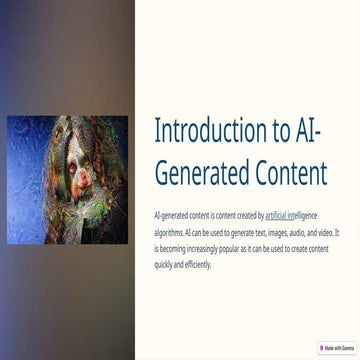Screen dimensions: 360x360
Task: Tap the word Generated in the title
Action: [204, 173]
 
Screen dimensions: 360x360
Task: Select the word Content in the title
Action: [291, 173]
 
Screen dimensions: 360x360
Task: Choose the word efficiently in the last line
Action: [198, 265]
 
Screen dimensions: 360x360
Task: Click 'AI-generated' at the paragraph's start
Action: [174, 215]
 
